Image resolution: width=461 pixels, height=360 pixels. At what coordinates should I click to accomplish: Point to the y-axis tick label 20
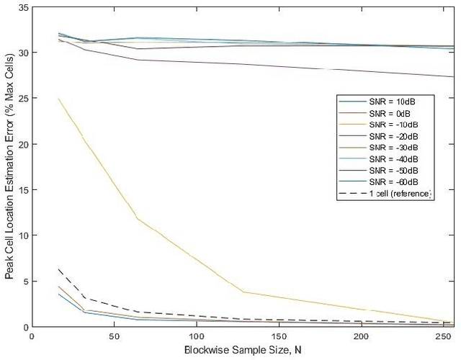tap(23, 144)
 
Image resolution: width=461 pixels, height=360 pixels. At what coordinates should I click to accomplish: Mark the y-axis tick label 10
tap(23, 235)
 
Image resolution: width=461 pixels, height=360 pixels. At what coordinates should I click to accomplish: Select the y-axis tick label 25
tap(23, 99)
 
